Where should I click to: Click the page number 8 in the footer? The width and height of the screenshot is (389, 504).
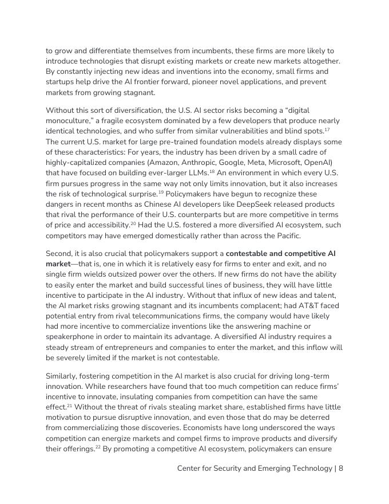pos(340,468)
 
